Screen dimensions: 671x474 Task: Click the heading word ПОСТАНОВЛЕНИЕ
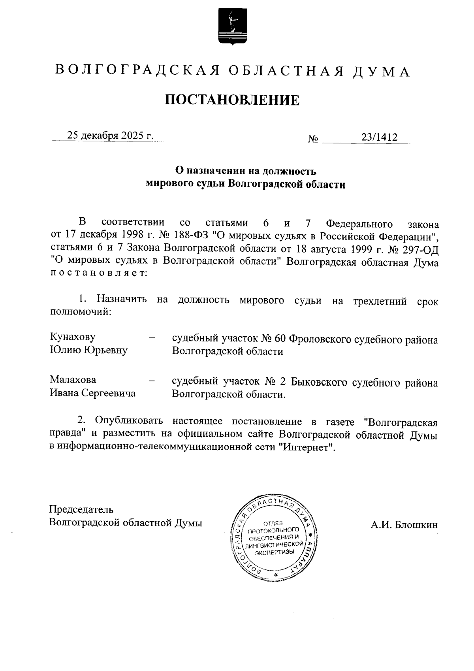(232, 100)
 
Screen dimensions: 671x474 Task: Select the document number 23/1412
(379, 137)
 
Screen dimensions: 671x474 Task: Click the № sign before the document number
(313, 139)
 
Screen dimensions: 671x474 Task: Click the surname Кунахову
(73, 337)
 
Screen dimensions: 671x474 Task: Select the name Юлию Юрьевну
(88, 350)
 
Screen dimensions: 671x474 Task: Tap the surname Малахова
(73, 380)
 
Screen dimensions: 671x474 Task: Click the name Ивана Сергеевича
(92, 393)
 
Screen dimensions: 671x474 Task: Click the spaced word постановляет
(98, 273)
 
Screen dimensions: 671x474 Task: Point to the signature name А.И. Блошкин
(404, 525)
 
